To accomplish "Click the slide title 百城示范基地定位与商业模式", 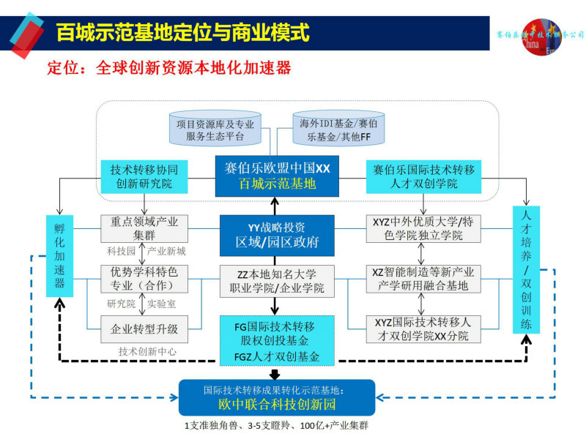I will [x=182, y=34].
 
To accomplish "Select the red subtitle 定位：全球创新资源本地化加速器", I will [x=169, y=69].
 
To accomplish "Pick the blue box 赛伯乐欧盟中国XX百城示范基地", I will [x=277, y=176].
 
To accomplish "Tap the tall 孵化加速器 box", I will [x=60, y=255].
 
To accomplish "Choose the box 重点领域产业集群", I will [x=144, y=228].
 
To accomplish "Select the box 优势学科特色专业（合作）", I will [x=144, y=278].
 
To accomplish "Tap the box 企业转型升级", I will [x=144, y=329].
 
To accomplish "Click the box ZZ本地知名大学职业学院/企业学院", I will [x=277, y=281].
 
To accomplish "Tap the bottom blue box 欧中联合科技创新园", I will [x=277, y=398].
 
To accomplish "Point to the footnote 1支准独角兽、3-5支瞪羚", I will [x=276, y=426].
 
